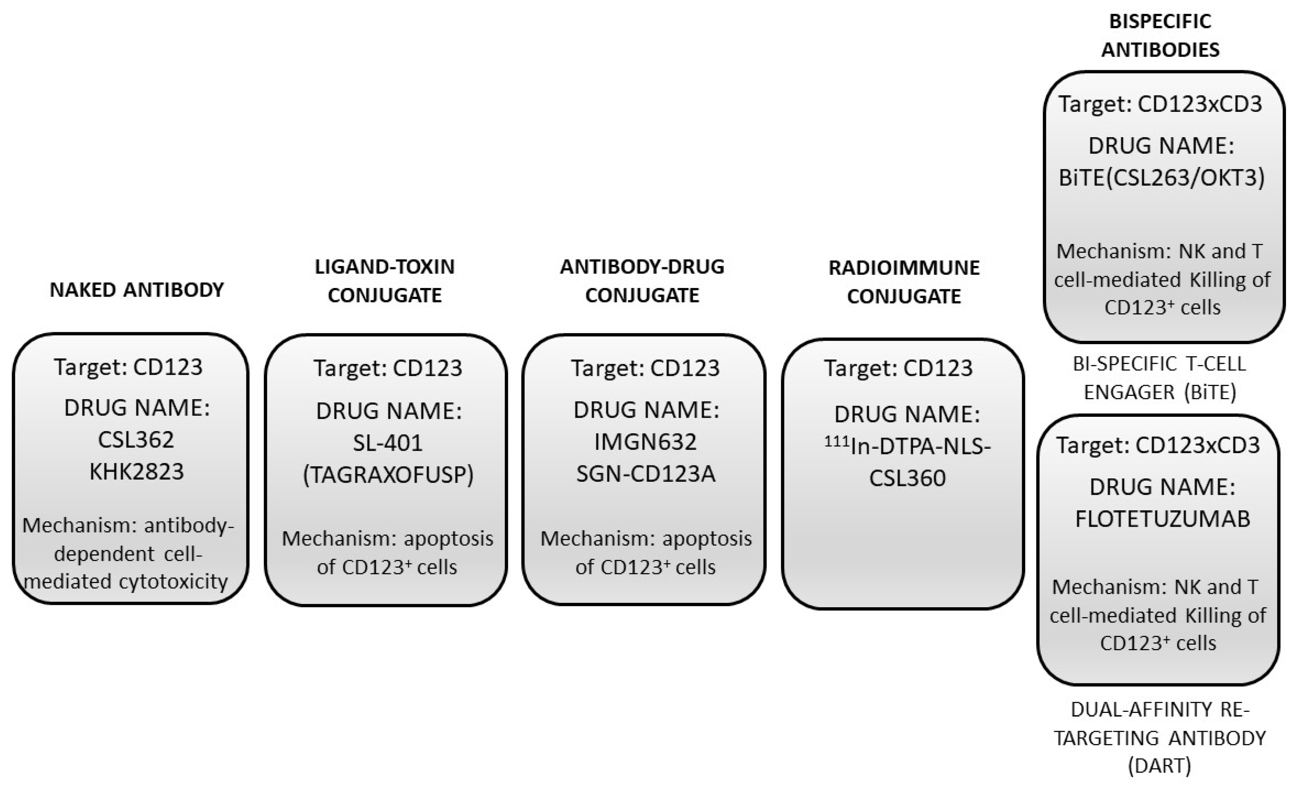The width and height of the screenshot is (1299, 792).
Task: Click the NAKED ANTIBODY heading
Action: [x=136, y=290]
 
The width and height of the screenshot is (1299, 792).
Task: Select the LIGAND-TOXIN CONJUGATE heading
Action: [x=384, y=281]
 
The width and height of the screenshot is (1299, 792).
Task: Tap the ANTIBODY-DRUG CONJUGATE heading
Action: [x=642, y=281]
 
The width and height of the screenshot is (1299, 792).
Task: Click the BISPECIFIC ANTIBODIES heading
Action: [x=1160, y=35]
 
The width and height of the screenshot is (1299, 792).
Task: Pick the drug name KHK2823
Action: [x=136, y=471]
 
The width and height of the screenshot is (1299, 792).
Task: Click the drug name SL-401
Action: [x=388, y=443]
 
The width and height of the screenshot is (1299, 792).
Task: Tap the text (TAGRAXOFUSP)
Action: [x=388, y=474]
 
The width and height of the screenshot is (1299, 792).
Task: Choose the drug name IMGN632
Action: [x=645, y=442]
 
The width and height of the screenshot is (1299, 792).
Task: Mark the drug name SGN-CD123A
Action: [x=645, y=473]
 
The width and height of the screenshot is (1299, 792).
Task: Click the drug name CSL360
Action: [x=907, y=478]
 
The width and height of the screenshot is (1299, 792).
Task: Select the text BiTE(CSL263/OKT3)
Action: [x=1162, y=178]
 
